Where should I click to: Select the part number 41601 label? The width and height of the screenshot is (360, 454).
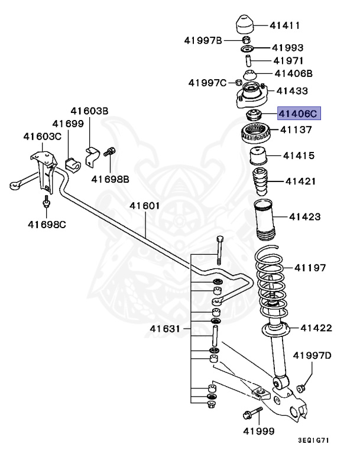coord(145,206)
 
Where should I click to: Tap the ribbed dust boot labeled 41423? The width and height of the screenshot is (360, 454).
coord(265,222)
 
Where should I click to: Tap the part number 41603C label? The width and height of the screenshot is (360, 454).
coord(42,137)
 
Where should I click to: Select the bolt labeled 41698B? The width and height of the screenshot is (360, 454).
coord(109,153)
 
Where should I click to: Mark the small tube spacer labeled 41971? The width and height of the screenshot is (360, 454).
coord(248,60)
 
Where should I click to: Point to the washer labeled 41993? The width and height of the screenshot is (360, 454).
coord(248,48)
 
